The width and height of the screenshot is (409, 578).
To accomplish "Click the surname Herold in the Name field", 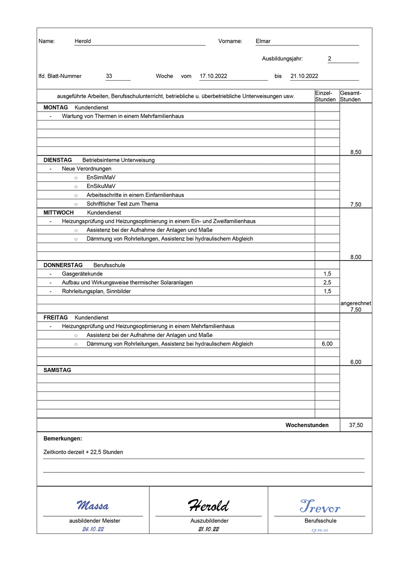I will click(83, 41).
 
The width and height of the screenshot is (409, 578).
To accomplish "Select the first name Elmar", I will click(263, 41).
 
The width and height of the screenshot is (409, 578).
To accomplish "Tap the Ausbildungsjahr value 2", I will click(329, 59).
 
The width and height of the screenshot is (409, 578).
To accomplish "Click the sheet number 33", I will click(109, 76).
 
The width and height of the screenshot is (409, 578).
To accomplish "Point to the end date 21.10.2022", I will click(304, 76).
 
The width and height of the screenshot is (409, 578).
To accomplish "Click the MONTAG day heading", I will click(55, 108).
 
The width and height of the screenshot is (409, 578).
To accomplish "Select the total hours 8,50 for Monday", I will click(356, 152).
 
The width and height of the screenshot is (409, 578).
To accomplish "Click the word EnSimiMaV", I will click(101, 178).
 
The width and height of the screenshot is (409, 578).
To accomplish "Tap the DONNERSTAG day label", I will click(63, 265).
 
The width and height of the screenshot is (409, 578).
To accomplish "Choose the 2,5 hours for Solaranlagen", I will click(327, 283).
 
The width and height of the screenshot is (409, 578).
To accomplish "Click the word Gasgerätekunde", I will click(82, 274).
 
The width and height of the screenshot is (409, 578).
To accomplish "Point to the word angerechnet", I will click(356, 303).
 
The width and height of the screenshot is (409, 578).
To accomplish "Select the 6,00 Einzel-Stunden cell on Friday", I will click(327, 344).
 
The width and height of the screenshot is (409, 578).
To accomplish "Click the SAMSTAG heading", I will click(57, 370).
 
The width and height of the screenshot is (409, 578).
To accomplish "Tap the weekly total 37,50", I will click(356, 425).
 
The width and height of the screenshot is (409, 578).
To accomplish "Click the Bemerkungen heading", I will click(62, 439).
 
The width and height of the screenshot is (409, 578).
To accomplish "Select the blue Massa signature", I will click(93, 506).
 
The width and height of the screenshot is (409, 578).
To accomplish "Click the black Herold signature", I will click(208, 506).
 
